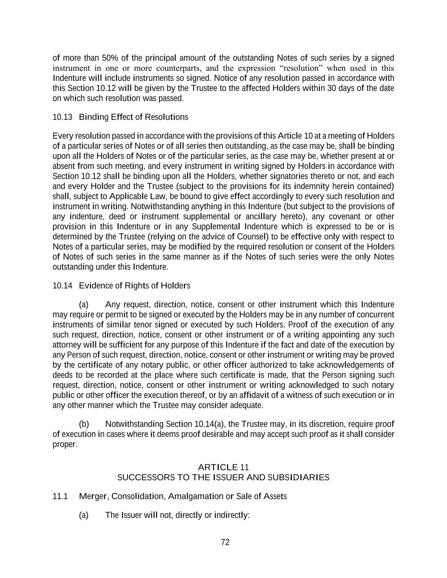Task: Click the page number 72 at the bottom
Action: tap(225, 542)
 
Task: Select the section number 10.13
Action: tap(62, 117)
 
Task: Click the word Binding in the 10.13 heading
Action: tap(94, 117)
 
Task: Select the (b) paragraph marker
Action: tap(84, 424)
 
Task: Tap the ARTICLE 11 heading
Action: tap(223, 467)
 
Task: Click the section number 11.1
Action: tap(60, 496)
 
